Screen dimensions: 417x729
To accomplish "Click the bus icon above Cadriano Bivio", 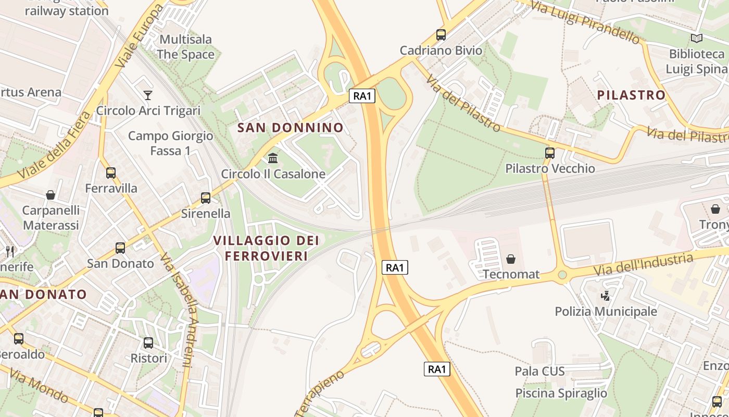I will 441,35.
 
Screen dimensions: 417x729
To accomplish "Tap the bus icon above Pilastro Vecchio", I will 550,153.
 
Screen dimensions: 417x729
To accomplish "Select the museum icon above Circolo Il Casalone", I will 273,158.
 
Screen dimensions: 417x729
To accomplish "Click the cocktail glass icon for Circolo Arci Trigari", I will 148,95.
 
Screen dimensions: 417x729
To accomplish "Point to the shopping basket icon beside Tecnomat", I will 511,259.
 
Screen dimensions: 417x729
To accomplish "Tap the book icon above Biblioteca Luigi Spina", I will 696,38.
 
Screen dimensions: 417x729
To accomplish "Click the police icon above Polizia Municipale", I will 605,296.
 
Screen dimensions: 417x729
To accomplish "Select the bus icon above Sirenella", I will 206,198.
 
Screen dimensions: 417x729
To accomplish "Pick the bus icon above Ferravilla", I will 111,173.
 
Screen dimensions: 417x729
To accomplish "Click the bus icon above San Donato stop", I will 120,248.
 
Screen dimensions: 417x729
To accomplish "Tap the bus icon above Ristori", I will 148,342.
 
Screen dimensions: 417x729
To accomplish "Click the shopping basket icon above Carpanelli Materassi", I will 51,195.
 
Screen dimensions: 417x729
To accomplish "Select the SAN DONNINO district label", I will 291,128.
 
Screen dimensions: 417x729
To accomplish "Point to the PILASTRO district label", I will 631,95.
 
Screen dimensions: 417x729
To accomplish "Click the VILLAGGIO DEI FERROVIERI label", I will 266,248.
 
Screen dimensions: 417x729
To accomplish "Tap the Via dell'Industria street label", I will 644,264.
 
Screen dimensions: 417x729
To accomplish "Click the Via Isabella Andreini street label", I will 179,310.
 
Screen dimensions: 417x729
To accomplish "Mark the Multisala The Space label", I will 185,47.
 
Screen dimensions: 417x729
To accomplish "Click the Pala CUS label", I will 539,371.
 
